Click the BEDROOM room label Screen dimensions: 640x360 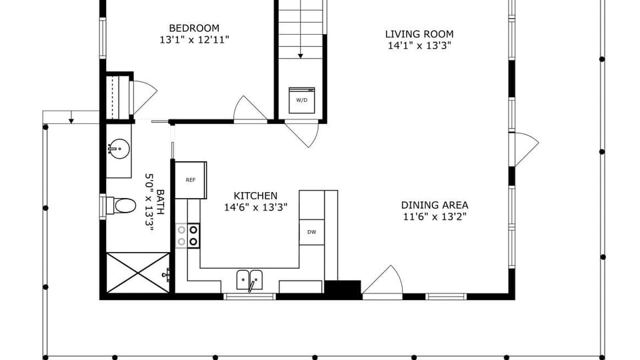194,28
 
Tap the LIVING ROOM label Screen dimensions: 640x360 419,34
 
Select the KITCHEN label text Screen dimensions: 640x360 255,195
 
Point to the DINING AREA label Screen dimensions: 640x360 435,205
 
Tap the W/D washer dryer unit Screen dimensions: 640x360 301,100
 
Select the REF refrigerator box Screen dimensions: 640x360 191,180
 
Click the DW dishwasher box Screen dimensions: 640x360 312,232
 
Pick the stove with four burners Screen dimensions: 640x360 188,235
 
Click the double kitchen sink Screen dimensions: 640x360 250,280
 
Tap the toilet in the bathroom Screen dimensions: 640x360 121,205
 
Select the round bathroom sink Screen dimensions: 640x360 119,149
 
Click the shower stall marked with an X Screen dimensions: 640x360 138,273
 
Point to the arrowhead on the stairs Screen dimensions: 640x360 301,56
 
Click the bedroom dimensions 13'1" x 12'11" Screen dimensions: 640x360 194,39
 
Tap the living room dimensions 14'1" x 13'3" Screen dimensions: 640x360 419,45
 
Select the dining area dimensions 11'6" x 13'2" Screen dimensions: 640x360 435,216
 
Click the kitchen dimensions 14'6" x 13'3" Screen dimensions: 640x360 255,207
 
